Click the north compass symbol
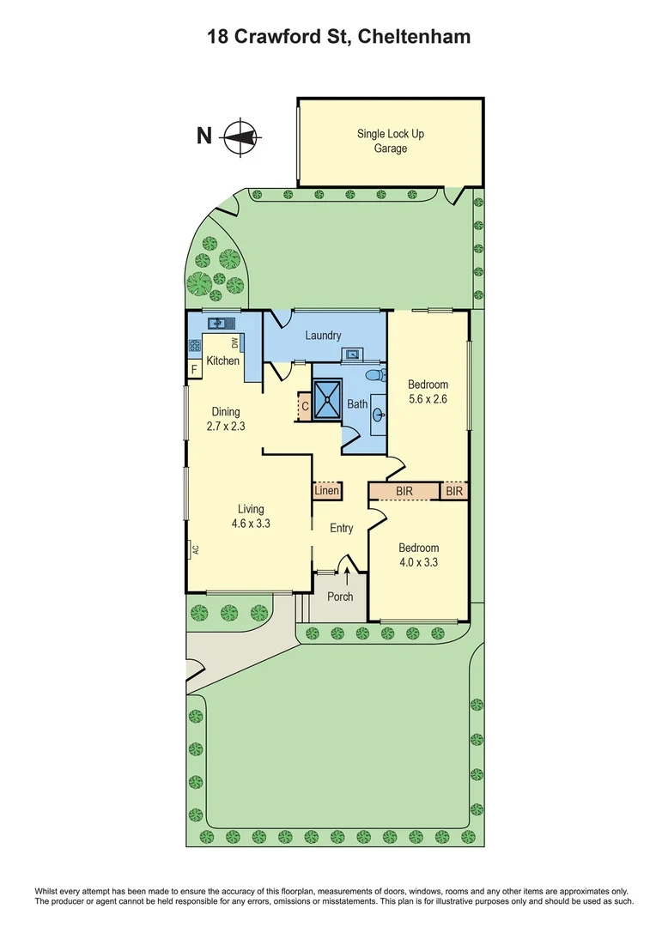[240, 136]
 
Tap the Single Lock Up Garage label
[390, 141]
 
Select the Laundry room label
[323, 336]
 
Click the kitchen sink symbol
[220, 323]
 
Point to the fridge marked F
[194, 370]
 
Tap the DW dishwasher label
[234, 343]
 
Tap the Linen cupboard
[326, 492]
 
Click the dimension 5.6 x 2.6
[428, 399]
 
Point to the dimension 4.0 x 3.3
[418, 563]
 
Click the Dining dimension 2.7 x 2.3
[226, 426]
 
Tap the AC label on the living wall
[195, 548]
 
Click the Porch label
[340, 597]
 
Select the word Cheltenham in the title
[414, 36]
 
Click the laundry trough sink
[352, 354]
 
